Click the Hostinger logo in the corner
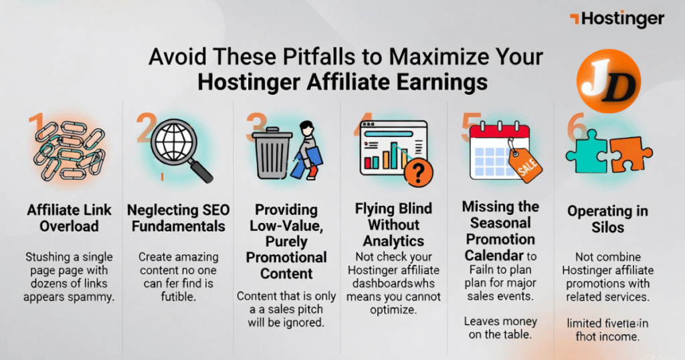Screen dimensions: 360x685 click(617, 19)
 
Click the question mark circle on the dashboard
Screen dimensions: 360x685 click(417, 174)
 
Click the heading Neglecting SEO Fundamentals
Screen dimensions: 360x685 click(176, 217)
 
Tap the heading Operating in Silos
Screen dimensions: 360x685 click(607, 218)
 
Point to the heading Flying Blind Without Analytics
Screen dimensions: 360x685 click(393, 224)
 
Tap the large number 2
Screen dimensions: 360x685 click(146, 128)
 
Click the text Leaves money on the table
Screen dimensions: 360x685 click(500, 328)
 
